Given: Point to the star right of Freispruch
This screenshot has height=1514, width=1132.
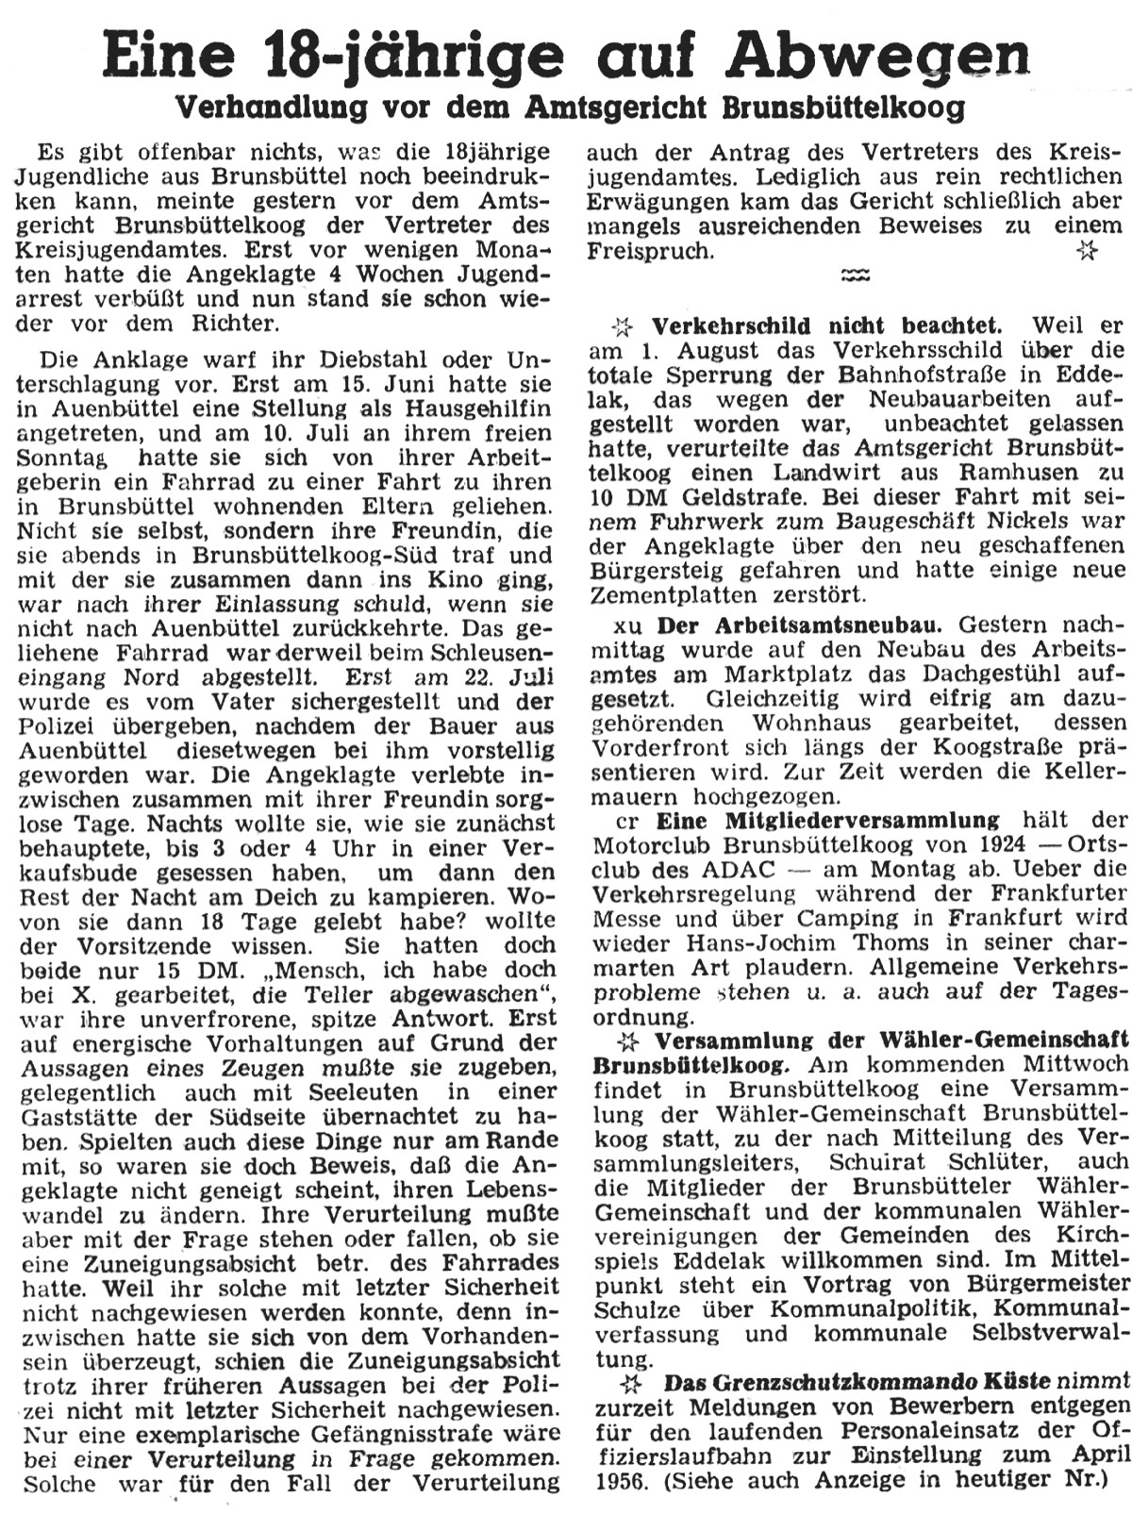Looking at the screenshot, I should [1088, 251].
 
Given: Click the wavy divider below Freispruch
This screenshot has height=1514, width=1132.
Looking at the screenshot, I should [854, 275].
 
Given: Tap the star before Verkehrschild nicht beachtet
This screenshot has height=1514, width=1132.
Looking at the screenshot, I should [622, 327].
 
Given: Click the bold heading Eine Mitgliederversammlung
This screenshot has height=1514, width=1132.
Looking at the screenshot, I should [827, 820].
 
